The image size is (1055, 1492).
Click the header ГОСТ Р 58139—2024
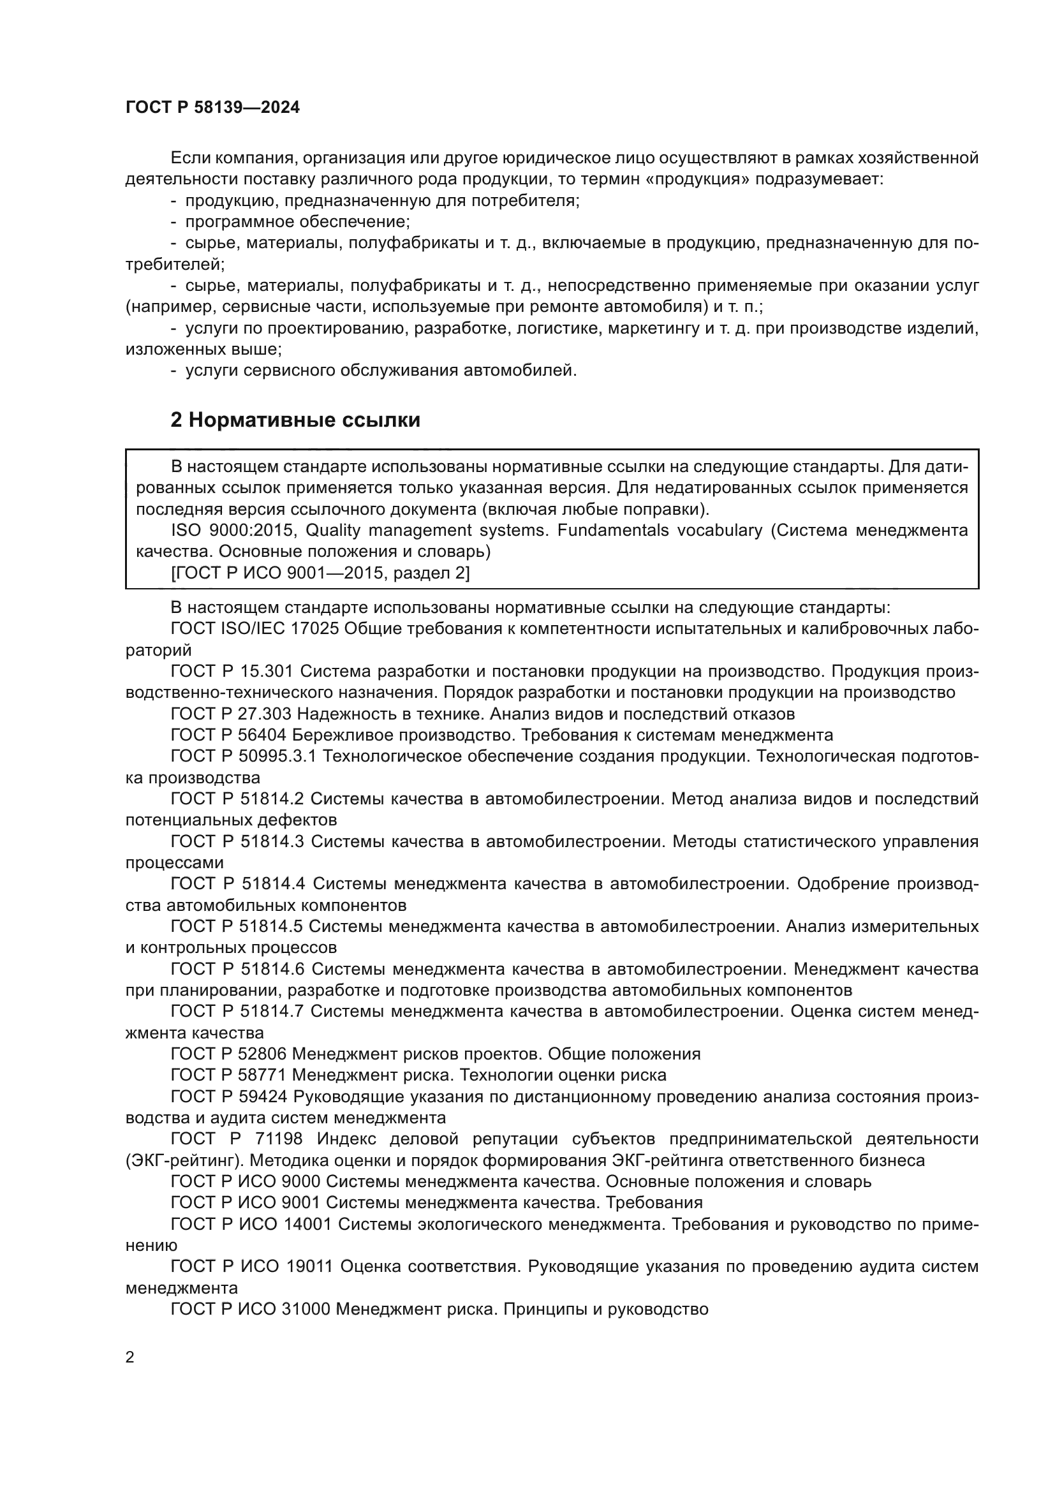[x=212, y=108]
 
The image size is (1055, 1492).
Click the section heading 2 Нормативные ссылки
[x=295, y=420]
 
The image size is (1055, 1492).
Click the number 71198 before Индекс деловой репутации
[x=278, y=1139]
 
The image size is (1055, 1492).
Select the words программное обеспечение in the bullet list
[x=297, y=222]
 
